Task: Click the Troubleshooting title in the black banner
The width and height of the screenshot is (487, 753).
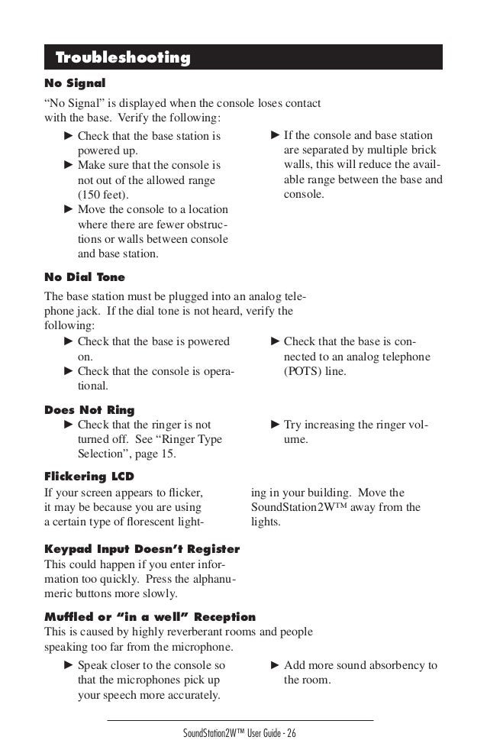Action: (x=123, y=58)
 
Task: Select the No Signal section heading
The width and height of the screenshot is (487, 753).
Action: (x=75, y=82)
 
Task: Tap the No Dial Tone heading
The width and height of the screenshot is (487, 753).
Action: (x=85, y=276)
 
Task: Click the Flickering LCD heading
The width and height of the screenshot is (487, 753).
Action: (x=89, y=476)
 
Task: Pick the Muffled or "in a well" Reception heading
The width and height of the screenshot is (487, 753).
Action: (x=150, y=616)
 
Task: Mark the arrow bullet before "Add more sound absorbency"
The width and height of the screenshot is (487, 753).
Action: (x=276, y=666)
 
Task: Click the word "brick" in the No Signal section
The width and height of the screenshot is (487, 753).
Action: (x=426, y=151)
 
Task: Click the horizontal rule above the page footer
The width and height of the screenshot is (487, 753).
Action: (x=240, y=719)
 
